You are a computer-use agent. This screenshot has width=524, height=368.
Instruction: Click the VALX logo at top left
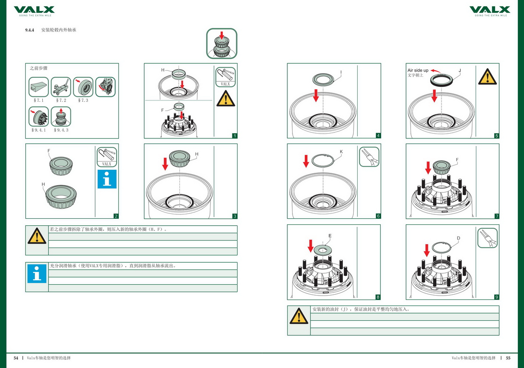(x=34, y=10)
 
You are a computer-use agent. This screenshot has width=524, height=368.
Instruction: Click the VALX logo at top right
(x=490, y=10)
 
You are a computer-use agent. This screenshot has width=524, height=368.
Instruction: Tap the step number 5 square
(x=496, y=136)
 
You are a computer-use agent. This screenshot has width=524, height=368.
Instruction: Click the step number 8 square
(x=378, y=297)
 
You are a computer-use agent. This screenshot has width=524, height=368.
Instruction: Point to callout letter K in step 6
(x=341, y=151)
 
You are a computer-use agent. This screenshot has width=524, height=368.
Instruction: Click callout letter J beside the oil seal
(x=459, y=70)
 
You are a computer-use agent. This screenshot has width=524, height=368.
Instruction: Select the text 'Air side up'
(x=418, y=70)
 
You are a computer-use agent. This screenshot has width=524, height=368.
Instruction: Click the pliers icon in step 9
(x=488, y=238)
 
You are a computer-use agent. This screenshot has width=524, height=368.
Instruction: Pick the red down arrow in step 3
(x=165, y=164)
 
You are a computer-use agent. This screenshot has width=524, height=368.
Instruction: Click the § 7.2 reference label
(x=61, y=100)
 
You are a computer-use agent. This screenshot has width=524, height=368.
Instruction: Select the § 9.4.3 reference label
(x=61, y=130)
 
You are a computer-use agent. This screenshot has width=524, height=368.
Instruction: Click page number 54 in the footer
(x=16, y=358)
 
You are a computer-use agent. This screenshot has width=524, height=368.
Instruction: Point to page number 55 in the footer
(x=508, y=358)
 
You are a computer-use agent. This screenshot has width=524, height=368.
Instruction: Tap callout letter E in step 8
(x=330, y=236)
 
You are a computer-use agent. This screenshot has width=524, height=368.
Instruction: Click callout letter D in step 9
(x=458, y=238)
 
